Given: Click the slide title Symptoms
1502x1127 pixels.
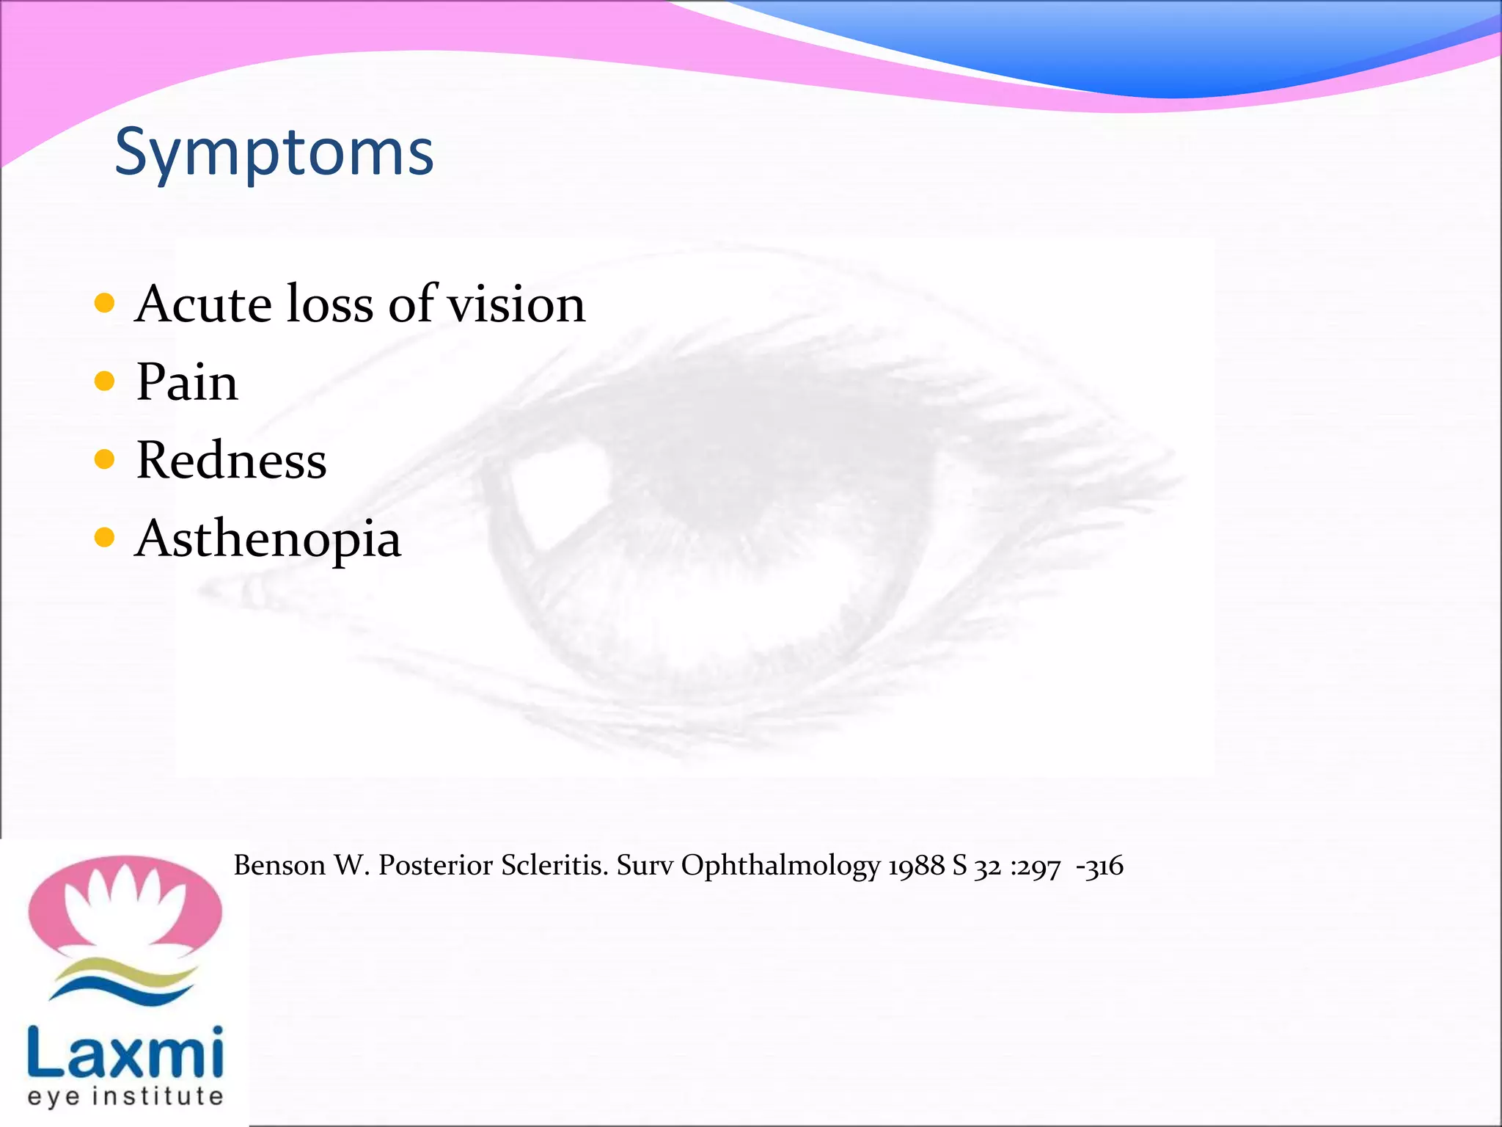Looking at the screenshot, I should (274, 153).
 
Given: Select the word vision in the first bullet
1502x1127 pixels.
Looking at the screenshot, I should (516, 304).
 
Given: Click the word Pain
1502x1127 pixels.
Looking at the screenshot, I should (187, 382).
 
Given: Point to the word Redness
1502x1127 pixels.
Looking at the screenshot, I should (231, 461).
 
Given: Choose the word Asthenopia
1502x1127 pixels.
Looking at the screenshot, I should (268, 539).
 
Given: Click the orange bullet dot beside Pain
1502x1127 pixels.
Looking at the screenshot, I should (105, 382).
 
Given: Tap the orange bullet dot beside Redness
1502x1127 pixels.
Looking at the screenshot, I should (105, 460).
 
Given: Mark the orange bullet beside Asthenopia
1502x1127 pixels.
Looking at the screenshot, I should (105, 538).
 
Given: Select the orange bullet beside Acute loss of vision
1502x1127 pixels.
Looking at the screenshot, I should (105, 303).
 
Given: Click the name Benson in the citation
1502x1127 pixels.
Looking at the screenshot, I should (279, 866).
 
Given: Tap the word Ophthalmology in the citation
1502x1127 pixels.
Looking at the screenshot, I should (780, 867).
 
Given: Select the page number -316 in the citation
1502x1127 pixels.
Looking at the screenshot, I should (1099, 867).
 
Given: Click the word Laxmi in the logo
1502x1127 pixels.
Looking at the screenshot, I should (125, 1052).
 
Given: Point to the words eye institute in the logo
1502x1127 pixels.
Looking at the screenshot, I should (125, 1096).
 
